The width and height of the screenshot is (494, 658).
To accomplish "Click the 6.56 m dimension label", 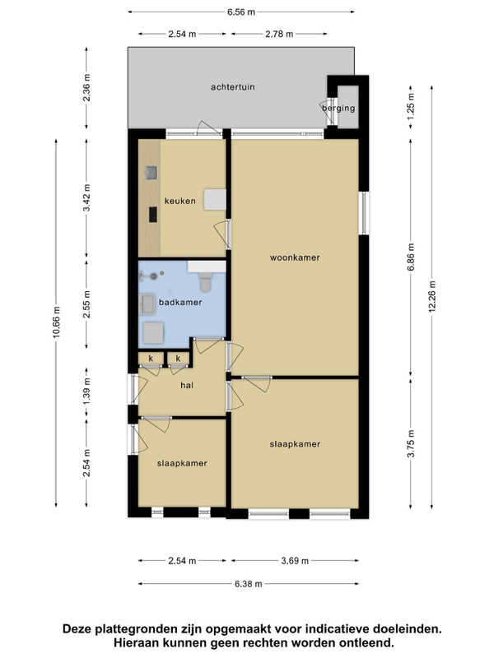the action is (241, 12).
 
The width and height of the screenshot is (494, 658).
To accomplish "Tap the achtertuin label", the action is (233, 87).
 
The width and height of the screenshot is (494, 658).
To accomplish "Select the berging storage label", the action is (338, 109).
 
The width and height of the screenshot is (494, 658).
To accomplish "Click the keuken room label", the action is (179, 201).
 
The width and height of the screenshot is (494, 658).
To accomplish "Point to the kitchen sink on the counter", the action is (151, 173).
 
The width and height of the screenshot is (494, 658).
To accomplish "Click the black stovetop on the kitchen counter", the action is (153, 215).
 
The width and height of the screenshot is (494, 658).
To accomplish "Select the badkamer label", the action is (180, 302).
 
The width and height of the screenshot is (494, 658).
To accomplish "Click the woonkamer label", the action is (295, 257).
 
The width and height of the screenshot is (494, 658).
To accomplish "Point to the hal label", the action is (187, 385).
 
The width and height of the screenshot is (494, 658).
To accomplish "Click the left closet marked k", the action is (151, 359).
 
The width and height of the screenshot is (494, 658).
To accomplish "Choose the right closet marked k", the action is (178, 359).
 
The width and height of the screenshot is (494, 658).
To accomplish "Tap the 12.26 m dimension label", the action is (432, 296).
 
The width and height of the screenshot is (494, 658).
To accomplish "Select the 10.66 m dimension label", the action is (57, 322).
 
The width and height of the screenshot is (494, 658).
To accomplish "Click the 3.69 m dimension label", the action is (295, 561).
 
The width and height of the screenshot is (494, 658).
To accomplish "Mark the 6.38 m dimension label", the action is (249, 584).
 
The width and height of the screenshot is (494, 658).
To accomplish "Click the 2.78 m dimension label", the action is (279, 34).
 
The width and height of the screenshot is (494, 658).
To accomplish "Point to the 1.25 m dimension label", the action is (411, 104).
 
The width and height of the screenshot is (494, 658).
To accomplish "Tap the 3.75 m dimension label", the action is (411, 443).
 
